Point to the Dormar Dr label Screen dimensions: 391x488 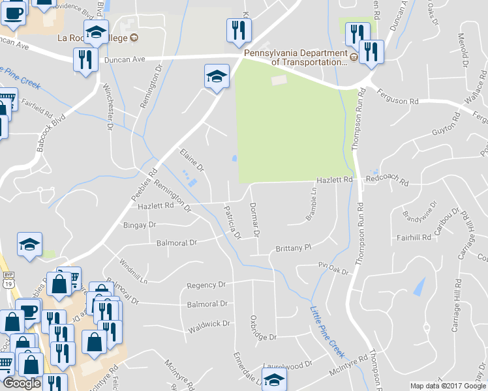point(255,220)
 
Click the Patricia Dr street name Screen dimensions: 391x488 point(233,222)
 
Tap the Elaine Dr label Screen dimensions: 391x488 point(192,160)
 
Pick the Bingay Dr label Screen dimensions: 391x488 point(140,225)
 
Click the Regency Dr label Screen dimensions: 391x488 point(206,285)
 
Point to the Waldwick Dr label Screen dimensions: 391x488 point(209,323)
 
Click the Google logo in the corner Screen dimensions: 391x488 point(22,383)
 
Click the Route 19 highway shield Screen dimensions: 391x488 point(5,284)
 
